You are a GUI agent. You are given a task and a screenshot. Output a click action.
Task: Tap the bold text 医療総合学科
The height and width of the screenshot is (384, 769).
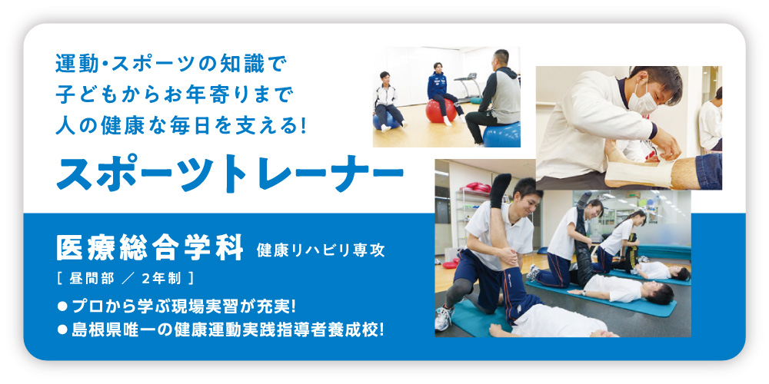click(150, 248)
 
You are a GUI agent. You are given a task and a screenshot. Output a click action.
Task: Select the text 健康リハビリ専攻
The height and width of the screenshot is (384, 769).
click(321, 251)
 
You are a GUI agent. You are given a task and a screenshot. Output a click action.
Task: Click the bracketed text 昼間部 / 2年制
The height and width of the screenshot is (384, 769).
click(125, 279)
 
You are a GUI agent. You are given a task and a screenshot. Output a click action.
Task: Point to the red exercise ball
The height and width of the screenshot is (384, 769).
click(441, 111)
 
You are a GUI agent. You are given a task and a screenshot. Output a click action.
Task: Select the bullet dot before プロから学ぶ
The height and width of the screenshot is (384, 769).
click(62, 307)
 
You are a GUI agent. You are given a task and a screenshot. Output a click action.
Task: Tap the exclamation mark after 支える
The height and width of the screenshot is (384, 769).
click(302, 126)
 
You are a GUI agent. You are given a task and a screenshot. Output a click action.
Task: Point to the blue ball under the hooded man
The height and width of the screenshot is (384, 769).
click(501, 134)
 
